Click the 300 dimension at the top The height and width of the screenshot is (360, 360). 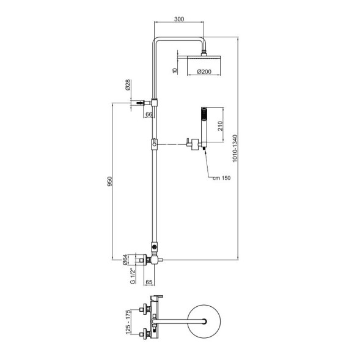179,19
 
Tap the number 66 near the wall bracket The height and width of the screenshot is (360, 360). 149,114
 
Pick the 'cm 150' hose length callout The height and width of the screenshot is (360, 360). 221,177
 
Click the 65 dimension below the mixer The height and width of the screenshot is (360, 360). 149,282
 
